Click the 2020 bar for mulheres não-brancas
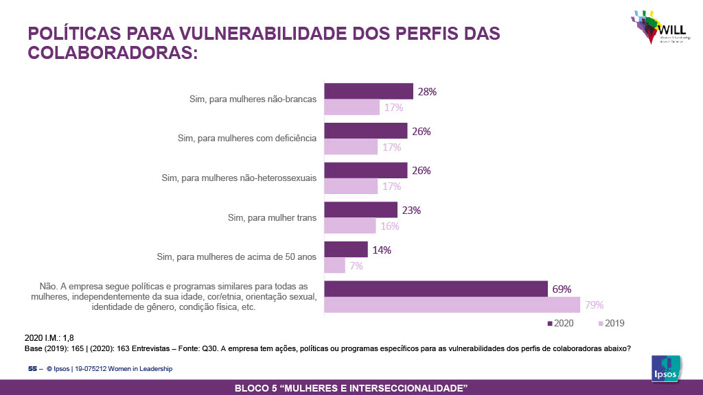pyautogui.click(x=368, y=91)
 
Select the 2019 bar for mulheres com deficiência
pyautogui.click(x=351, y=147)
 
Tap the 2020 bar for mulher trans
pyautogui.click(x=360, y=210)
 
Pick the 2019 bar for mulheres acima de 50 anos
pyautogui.click(x=334, y=265)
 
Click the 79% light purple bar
pyautogui.click(x=452, y=304)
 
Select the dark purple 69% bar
pyautogui.click(x=435, y=289)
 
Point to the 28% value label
pyautogui.click(x=428, y=91)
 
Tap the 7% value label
pyautogui.click(x=356, y=265)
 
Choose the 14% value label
pyautogui.click(x=382, y=250)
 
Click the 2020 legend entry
pyautogui.click(x=560, y=323)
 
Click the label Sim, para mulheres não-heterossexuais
pyautogui.click(x=239, y=178)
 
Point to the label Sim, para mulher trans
pyautogui.click(x=272, y=218)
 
